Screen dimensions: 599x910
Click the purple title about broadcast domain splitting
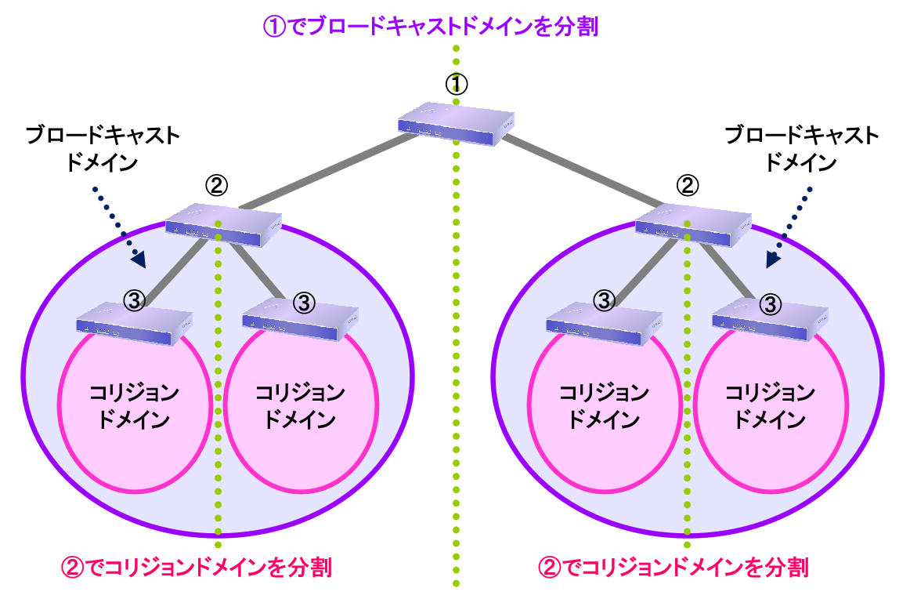[430, 27]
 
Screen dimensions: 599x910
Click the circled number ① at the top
[456, 83]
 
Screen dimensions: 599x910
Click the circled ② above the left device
[217, 185]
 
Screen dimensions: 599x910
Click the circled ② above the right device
[687, 185]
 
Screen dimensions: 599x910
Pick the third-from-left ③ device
[604, 322]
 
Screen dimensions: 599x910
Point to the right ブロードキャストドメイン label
[802, 148]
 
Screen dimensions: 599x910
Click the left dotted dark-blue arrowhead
[139, 257]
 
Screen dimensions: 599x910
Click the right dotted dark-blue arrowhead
[774, 260]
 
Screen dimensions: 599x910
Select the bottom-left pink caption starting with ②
[196, 567]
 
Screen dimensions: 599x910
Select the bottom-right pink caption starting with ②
[673, 567]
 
